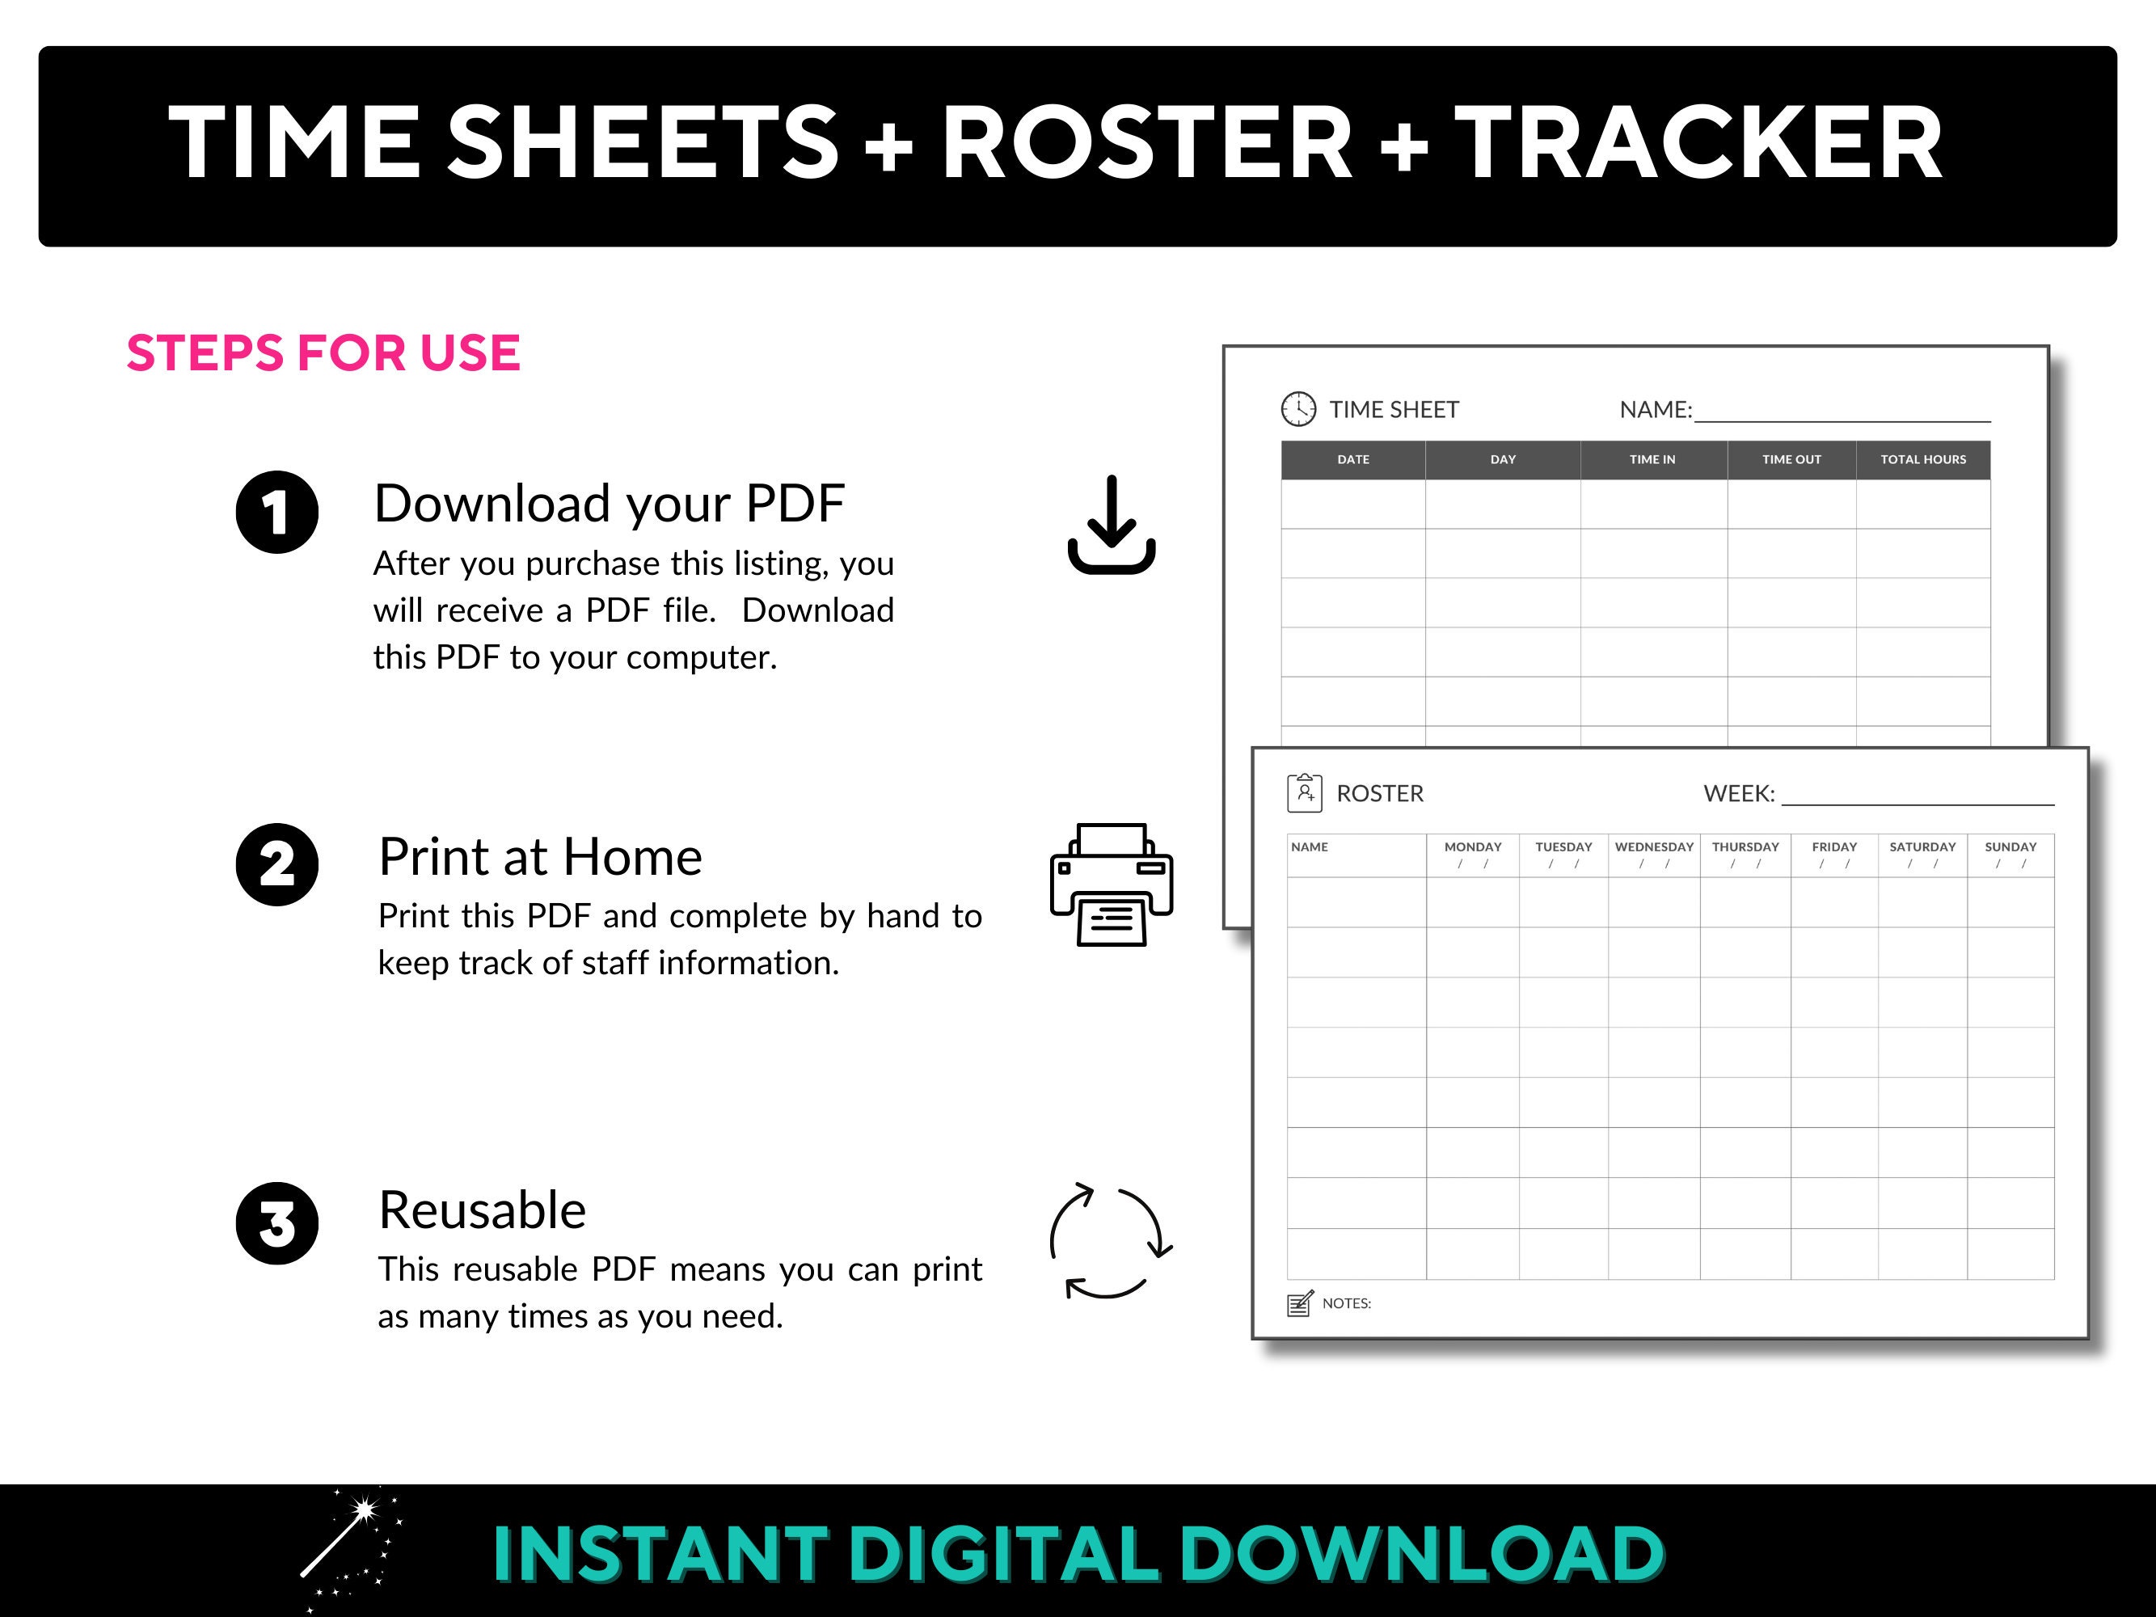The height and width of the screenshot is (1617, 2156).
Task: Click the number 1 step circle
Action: point(276,513)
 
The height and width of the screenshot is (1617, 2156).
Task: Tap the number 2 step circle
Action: point(276,864)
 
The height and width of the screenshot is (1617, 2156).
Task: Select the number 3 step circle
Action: point(276,1223)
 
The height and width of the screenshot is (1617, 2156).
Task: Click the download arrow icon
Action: point(1111,526)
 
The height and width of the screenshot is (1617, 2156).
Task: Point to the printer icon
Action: point(1111,884)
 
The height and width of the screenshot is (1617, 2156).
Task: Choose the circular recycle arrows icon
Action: point(1110,1242)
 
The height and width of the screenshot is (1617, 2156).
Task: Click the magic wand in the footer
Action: point(349,1546)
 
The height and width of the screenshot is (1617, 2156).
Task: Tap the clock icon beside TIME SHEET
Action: point(1298,409)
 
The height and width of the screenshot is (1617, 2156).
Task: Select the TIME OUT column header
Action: point(1791,459)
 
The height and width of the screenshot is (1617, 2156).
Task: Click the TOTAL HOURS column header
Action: point(1923,459)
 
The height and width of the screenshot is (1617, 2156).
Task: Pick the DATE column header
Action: point(1353,459)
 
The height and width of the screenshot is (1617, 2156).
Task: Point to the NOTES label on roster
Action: point(1346,1303)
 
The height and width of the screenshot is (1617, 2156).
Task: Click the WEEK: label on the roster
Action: point(1739,793)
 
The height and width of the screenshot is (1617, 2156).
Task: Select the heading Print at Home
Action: point(540,857)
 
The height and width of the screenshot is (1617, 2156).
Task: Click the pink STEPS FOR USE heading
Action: point(323,353)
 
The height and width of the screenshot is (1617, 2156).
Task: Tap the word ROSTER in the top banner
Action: point(1146,142)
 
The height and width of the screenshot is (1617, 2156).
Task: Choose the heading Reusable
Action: point(483,1210)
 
